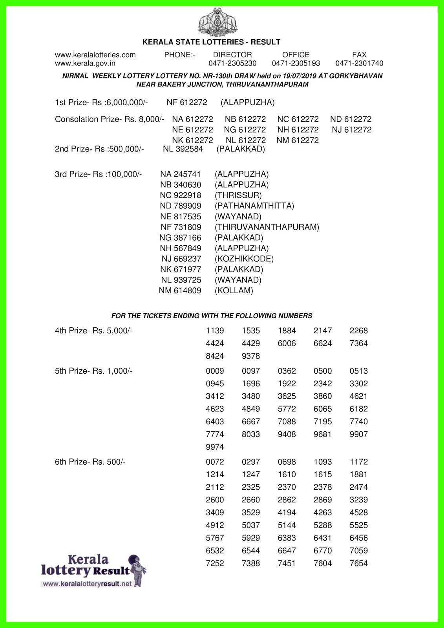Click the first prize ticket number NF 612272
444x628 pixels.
187,102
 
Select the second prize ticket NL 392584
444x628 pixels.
183,149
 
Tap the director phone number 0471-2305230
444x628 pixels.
232,64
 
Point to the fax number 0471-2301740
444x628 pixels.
359,64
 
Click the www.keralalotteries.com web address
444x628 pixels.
95,55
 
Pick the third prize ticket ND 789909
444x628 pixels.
181,206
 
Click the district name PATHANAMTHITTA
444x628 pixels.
254,206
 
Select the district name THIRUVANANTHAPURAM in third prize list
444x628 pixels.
267,227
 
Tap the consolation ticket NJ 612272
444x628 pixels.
351,130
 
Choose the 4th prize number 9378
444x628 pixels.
251,356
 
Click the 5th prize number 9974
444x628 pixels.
215,447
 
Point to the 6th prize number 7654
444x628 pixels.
359,564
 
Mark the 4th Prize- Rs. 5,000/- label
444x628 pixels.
94,331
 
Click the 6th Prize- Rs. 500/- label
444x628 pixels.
90,462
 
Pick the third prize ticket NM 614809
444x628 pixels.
180,291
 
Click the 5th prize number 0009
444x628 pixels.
215,371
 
